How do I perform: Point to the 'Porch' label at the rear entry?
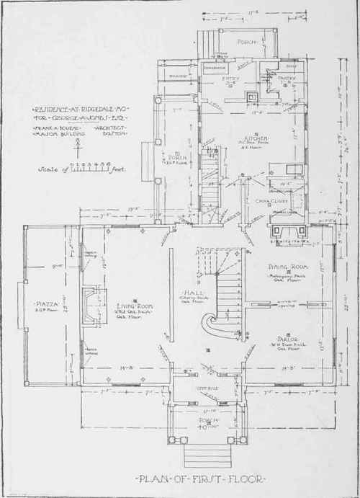coord(233,42)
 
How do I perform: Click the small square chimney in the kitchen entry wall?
coord(249,99)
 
